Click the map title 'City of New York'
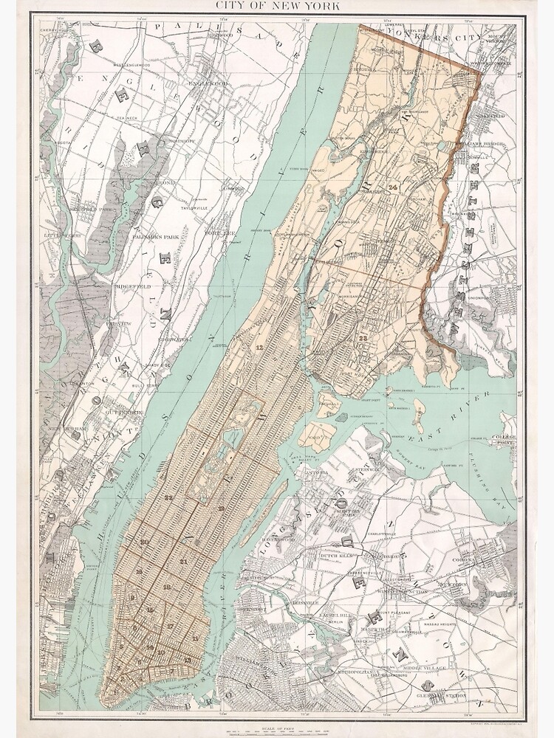click(x=277, y=7)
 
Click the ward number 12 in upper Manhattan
click(x=259, y=346)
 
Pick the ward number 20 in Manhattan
click(x=145, y=542)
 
